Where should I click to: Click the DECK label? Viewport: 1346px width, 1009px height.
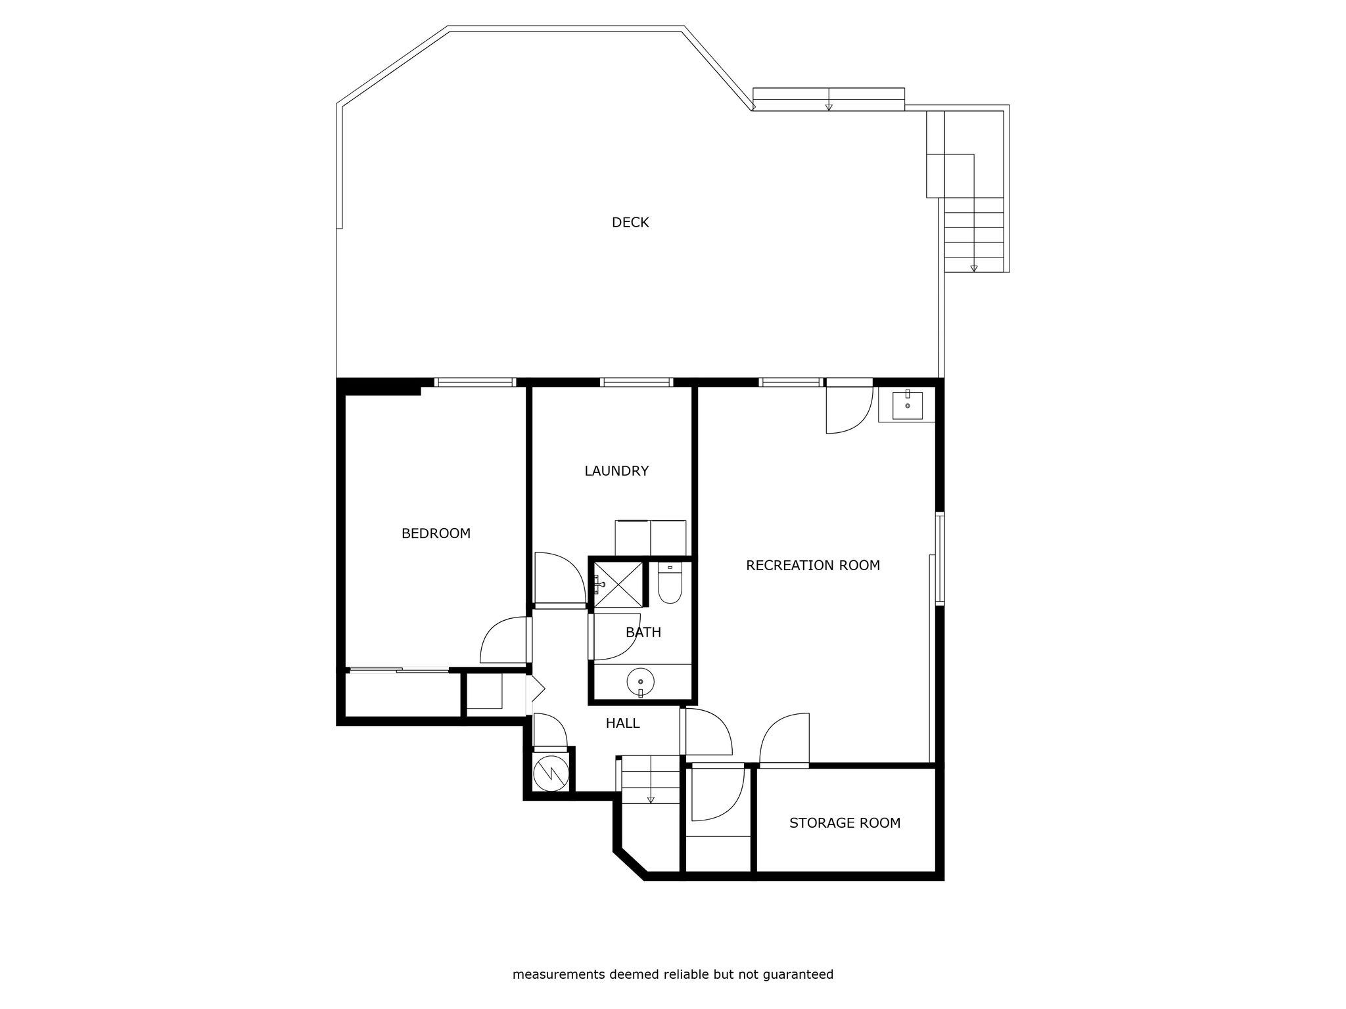click(x=630, y=223)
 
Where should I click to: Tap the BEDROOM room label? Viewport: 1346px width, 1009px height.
click(x=436, y=533)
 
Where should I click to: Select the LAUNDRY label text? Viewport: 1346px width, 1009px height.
click(x=616, y=471)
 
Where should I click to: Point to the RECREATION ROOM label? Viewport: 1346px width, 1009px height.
click(x=813, y=566)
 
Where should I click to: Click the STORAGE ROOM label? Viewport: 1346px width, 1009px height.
click(x=845, y=823)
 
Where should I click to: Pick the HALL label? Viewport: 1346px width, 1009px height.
click(x=622, y=723)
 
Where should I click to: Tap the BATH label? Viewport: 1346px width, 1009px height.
click(x=643, y=633)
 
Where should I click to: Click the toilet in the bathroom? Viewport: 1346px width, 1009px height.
click(x=670, y=583)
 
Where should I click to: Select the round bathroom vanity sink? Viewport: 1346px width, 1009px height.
click(x=640, y=682)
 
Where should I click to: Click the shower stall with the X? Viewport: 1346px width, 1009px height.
click(x=618, y=584)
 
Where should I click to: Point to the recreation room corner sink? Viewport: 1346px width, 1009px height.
click(x=907, y=405)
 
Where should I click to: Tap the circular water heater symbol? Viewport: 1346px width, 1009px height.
click(x=550, y=773)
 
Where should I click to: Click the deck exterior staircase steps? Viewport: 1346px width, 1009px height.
click(x=974, y=235)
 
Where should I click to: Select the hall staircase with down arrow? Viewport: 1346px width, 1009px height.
click(x=651, y=780)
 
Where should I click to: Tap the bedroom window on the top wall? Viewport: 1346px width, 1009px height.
click(x=475, y=382)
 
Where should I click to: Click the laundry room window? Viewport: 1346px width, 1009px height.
click(x=636, y=382)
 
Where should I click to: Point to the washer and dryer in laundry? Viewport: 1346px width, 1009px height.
click(x=651, y=538)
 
